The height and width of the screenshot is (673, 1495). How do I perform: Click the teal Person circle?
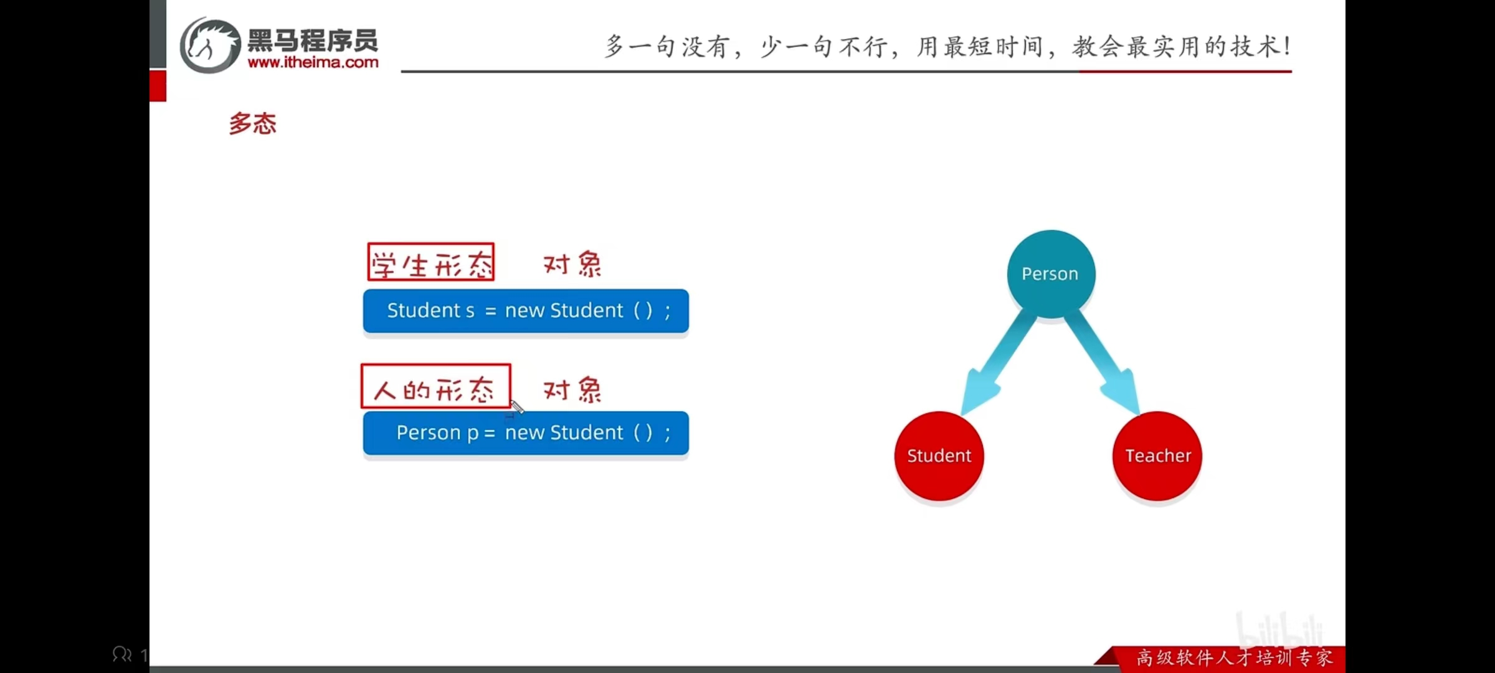pos(1051,274)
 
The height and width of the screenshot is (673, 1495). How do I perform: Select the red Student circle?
pos(939,456)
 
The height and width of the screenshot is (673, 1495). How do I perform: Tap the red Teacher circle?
pos(1157,456)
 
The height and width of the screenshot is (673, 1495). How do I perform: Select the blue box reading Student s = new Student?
pos(526,311)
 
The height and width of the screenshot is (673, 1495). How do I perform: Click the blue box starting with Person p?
pos(526,433)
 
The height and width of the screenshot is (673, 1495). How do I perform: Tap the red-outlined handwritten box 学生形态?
pos(431,262)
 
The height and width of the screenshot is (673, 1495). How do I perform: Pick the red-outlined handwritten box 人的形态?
pos(436,386)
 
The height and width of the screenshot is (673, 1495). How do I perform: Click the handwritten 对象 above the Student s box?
pos(572,264)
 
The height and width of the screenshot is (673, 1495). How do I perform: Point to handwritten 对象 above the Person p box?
pos(572,390)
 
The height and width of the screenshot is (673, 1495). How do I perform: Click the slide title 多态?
pos(253,123)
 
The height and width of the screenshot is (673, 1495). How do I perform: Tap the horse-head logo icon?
pos(210,45)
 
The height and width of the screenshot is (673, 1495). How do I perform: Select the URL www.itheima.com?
pos(313,62)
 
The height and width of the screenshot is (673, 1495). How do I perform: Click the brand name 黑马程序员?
pos(313,41)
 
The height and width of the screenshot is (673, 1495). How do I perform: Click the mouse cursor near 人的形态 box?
pos(517,408)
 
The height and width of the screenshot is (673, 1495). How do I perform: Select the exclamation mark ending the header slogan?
pos(1287,46)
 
